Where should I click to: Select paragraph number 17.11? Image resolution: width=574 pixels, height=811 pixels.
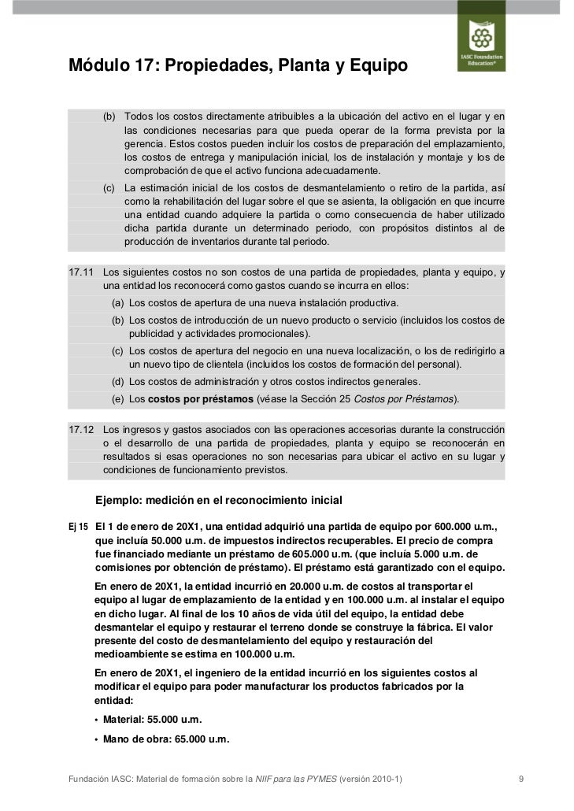click(x=81, y=272)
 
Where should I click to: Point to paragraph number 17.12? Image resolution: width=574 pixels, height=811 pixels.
click(x=81, y=430)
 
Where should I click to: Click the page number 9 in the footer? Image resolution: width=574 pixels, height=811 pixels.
click(x=521, y=780)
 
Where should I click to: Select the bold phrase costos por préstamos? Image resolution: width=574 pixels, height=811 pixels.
click(x=201, y=399)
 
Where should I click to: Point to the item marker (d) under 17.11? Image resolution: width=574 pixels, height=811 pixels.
click(x=117, y=382)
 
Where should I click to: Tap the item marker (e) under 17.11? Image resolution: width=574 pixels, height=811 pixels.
click(x=117, y=399)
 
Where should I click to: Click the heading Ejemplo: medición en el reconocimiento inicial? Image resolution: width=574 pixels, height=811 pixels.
click(x=218, y=500)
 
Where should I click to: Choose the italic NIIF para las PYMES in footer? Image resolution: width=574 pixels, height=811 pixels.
click(x=296, y=780)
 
